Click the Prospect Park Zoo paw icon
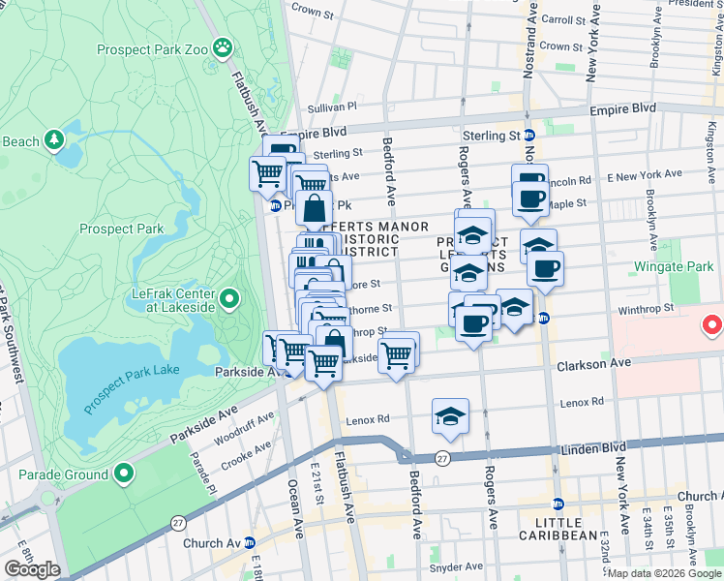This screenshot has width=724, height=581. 224,46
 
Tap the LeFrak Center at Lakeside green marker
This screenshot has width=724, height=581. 228,298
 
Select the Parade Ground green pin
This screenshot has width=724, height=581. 123,474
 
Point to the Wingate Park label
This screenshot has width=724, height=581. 672,265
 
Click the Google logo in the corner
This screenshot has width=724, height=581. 32,569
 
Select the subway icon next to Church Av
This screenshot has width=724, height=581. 249,543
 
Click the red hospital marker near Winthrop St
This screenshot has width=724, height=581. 712,324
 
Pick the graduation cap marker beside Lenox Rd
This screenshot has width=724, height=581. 450,416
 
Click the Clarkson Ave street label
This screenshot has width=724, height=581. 593,362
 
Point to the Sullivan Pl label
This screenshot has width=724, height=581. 332,107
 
